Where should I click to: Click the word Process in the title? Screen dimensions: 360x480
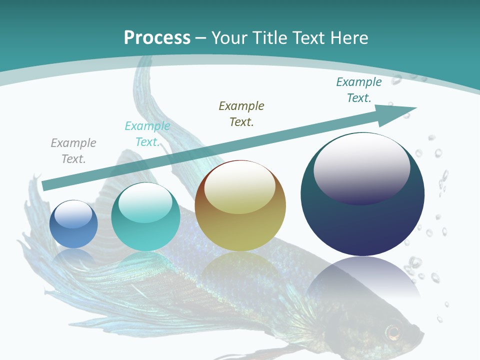point(157,37)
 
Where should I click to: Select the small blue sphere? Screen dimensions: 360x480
point(73,224)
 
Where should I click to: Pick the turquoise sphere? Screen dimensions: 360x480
point(145,216)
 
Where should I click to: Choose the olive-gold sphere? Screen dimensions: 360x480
point(240,205)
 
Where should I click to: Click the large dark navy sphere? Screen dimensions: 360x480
point(362,220)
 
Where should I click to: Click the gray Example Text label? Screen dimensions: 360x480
point(73,151)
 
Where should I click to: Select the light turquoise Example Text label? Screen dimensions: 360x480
point(147,134)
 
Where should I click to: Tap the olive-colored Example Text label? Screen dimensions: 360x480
point(241,113)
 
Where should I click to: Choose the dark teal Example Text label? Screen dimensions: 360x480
point(359,90)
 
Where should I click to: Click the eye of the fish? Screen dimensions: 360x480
point(393,331)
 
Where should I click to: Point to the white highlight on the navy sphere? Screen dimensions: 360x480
point(361,162)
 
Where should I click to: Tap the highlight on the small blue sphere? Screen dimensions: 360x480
point(73,214)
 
